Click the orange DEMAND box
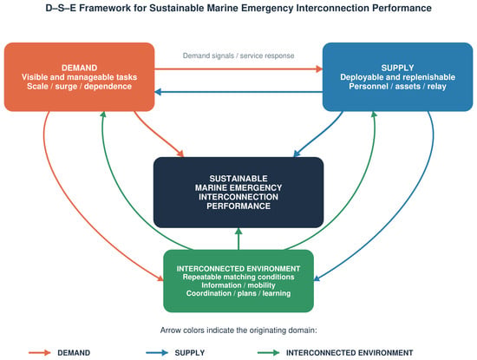tap(79, 76)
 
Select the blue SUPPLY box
tap(397, 76)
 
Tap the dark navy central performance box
tap(238, 193)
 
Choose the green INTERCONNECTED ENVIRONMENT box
tap(238, 281)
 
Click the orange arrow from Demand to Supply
tap(238, 69)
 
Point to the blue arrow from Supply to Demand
tap(238, 92)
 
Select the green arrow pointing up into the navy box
tap(238, 239)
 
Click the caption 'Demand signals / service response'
tap(238, 56)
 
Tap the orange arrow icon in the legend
tap(40, 353)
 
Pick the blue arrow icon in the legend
tap(157, 353)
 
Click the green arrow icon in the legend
tap(268, 353)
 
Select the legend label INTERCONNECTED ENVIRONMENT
tap(350, 353)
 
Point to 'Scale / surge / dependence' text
tap(79, 87)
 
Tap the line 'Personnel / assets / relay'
tap(397, 87)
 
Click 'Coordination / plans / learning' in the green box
tap(238, 293)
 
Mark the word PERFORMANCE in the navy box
tap(238, 206)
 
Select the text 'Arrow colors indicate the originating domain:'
tap(238, 331)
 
